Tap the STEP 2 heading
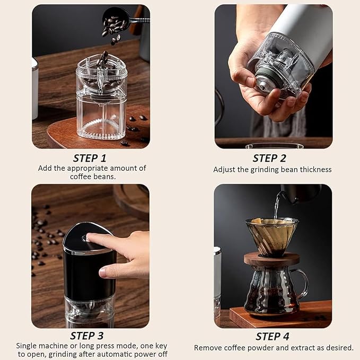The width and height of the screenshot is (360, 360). (269, 158)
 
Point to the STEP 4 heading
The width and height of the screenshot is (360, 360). (273, 336)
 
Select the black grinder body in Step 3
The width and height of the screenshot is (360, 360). (89, 276)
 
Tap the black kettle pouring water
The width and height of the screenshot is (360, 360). (302, 193)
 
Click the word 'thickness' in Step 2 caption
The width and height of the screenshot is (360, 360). (314, 170)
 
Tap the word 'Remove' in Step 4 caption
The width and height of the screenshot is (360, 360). (207, 348)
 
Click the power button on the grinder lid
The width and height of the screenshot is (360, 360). (85, 238)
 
